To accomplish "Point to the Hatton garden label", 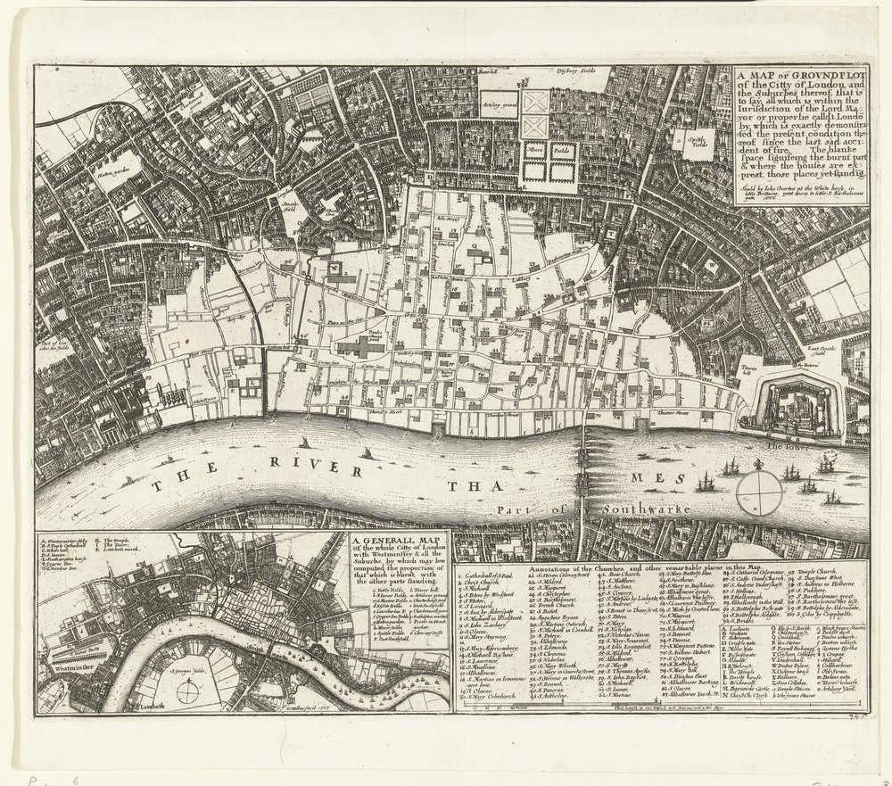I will [x=116, y=165].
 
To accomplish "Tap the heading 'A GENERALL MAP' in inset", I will [x=396, y=540].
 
